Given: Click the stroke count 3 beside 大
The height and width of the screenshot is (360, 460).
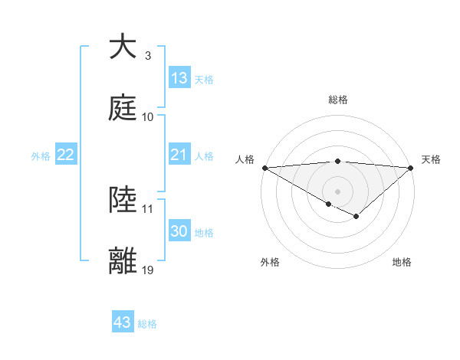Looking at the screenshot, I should pyautogui.click(x=148, y=56).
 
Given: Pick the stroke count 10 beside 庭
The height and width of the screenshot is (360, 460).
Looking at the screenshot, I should pyautogui.click(x=148, y=117).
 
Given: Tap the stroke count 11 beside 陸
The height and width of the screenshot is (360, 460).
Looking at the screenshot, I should pyautogui.click(x=148, y=209).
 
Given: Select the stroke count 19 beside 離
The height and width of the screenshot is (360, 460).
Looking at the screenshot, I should pyautogui.click(x=148, y=270).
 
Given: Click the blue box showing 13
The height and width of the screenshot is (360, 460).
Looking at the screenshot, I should pyautogui.click(x=179, y=78).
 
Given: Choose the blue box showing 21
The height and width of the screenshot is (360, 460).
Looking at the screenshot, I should pyautogui.click(x=179, y=155).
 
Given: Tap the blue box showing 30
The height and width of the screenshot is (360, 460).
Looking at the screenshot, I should pyautogui.click(x=179, y=231).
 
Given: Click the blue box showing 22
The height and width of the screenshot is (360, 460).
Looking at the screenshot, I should pyautogui.click(x=66, y=155).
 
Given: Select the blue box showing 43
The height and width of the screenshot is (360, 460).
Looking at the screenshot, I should pyautogui.click(x=123, y=322).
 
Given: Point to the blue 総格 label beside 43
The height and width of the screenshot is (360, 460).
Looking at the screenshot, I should pyautogui.click(x=147, y=324).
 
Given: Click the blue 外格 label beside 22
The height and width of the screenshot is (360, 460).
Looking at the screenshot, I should pyautogui.click(x=41, y=156).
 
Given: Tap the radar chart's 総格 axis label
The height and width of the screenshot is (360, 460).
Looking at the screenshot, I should pyautogui.click(x=337, y=100).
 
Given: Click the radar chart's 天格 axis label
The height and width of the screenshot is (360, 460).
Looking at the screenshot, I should pyautogui.click(x=431, y=159).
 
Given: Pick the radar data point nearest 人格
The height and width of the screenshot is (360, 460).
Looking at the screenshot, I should pyautogui.click(x=264, y=168).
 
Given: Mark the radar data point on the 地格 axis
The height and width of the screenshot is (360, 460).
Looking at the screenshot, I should pyautogui.click(x=356, y=218).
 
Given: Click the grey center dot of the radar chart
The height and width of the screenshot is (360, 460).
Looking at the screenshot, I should pyautogui.click(x=337, y=191).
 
